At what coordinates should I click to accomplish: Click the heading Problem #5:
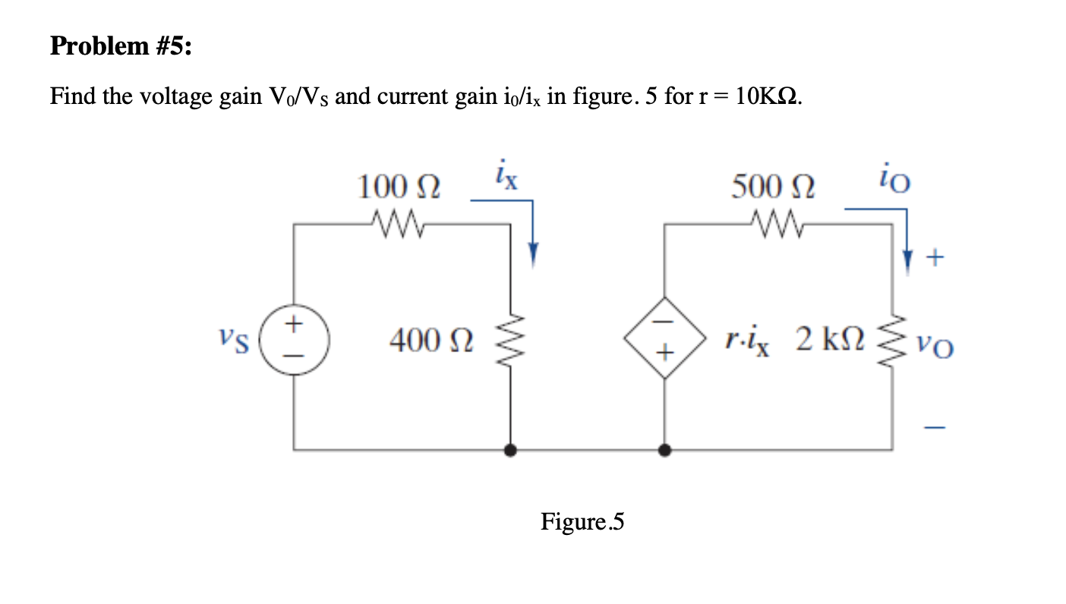tap(121, 47)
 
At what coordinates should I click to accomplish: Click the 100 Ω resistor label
tap(401, 186)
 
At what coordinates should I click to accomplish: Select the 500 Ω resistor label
tap(773, 186)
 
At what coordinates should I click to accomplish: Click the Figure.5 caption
tap(582, 522)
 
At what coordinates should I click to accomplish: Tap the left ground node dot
tap(510, 451)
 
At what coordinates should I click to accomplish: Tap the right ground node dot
tap(665, 451)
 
